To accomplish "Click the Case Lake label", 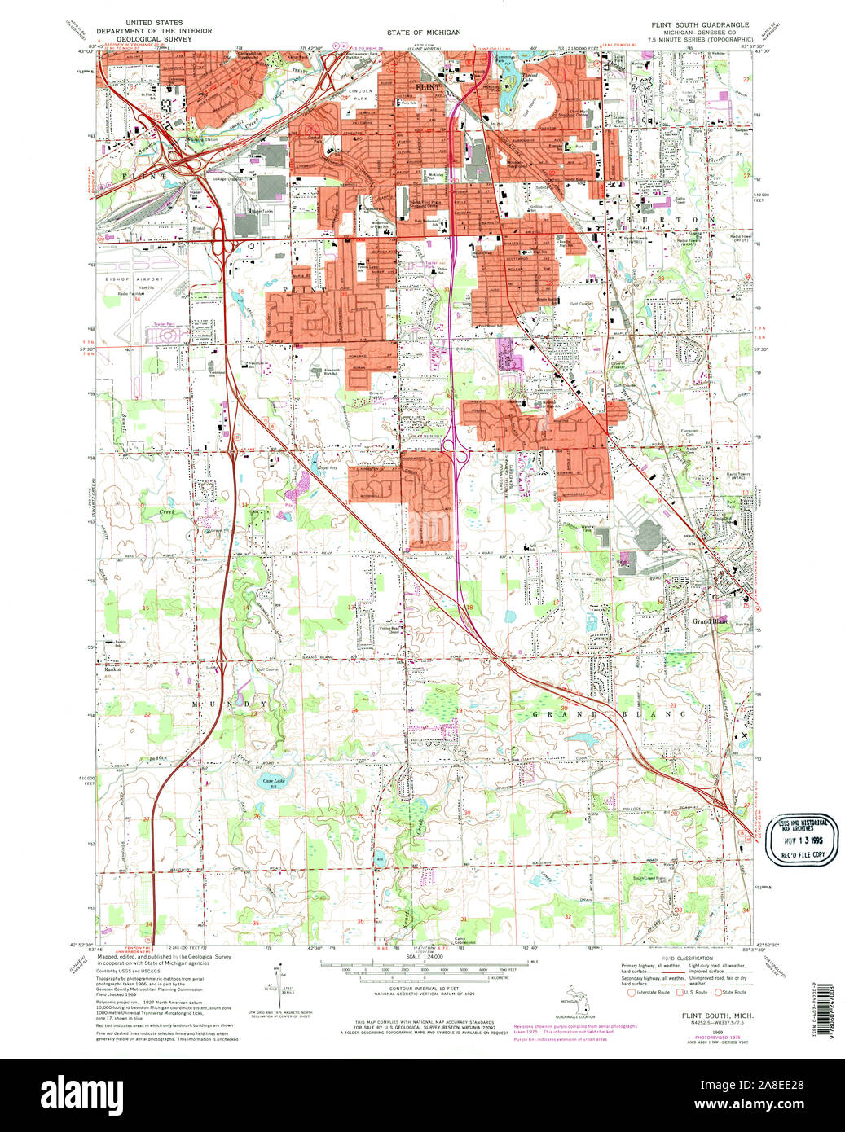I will pos(273,780).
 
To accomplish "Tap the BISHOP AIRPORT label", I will pos(140,279).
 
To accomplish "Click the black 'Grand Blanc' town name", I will pos(710,621).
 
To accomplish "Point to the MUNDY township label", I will pos(229,703).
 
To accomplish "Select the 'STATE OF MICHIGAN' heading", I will pos(424,32).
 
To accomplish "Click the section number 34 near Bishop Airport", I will pos(137,300).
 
